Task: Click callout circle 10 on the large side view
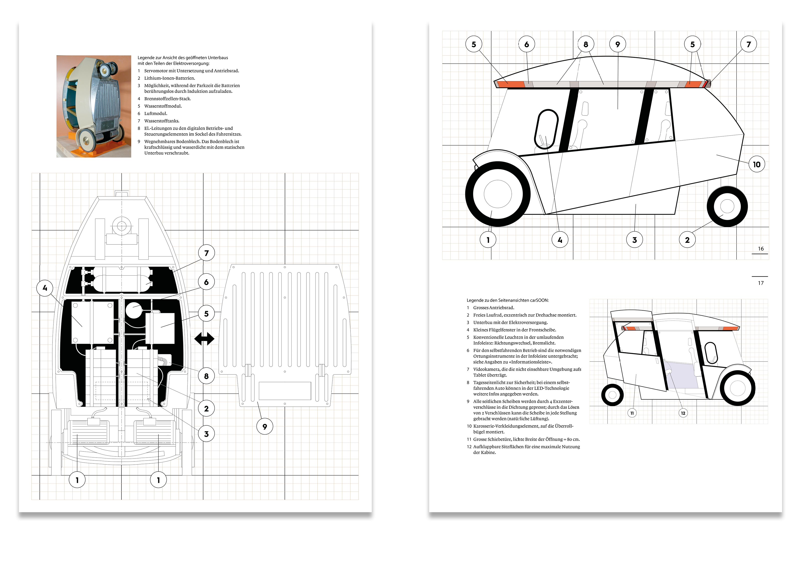[x=756, y=164]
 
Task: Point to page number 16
[x=761, y=249]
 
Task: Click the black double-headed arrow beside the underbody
[x=204, y=339]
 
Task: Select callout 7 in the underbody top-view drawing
[x=206, y=253]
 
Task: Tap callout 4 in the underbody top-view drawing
[x=45, y=288]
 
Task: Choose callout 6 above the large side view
[x=527, y=44]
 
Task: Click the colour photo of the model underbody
[x=93, y=106]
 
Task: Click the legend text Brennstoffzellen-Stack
[x=167, y=99]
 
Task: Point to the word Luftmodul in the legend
[x=155, y=113]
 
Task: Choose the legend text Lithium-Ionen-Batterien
[x=170, y=78]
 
